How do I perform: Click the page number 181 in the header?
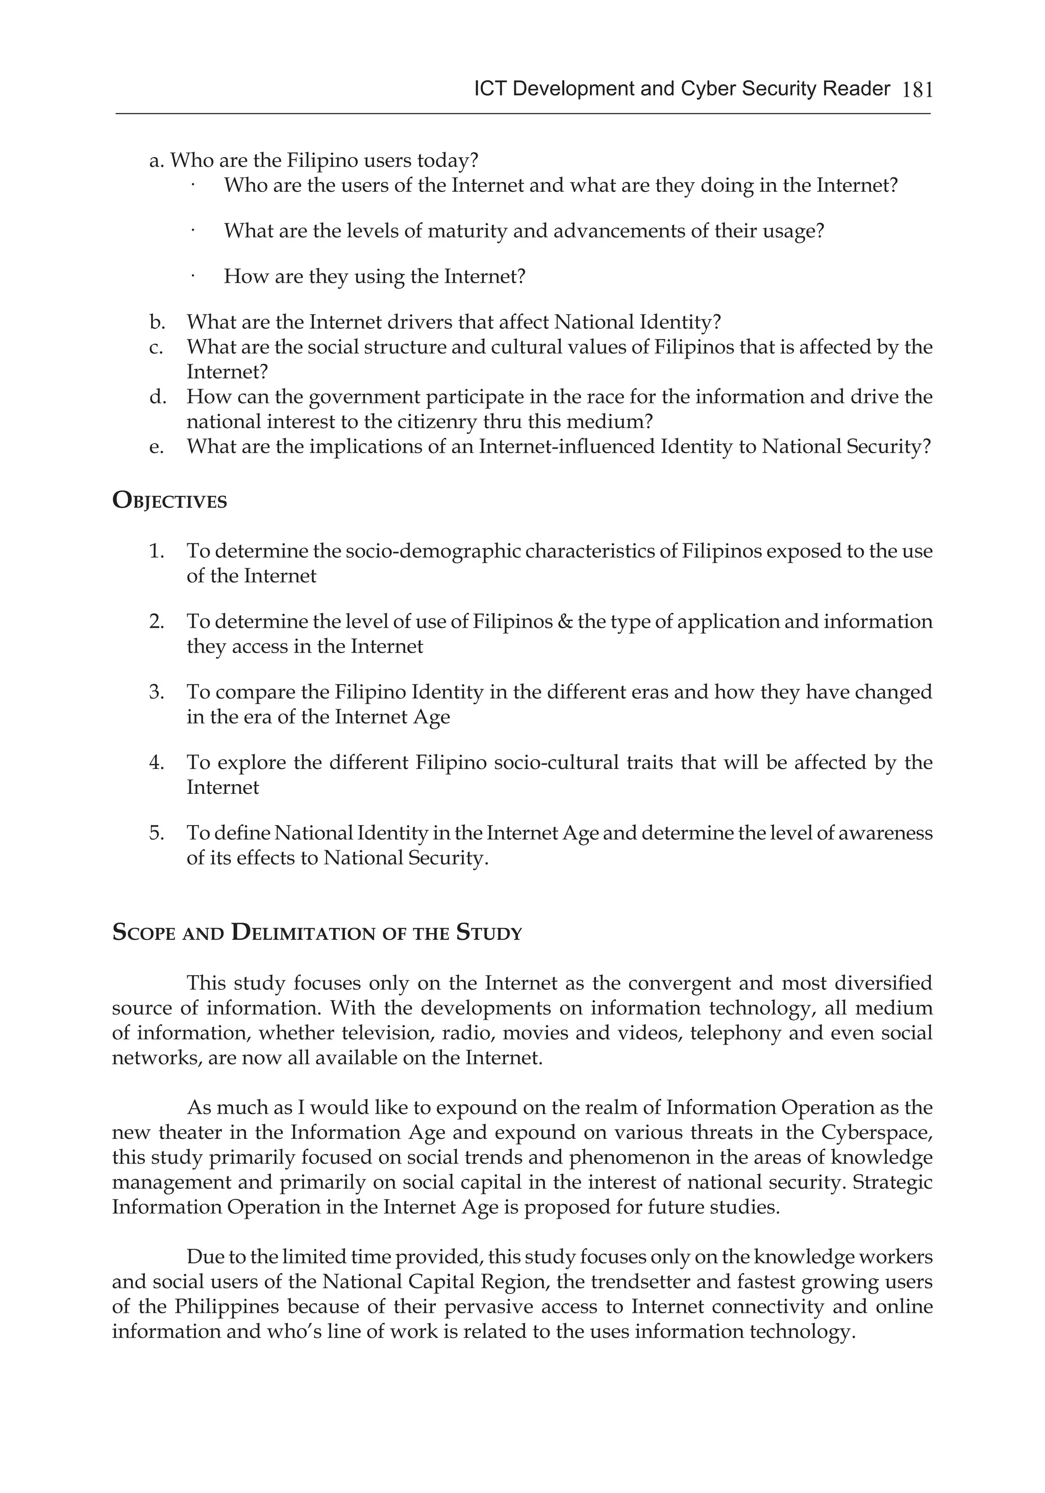[x=917, y=90]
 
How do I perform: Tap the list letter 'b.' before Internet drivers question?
[x=157, y=322]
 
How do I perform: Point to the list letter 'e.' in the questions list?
[x=157, y=447]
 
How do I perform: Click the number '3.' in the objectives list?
[x=157, y=692]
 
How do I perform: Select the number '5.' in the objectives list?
[x=157, y=833]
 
